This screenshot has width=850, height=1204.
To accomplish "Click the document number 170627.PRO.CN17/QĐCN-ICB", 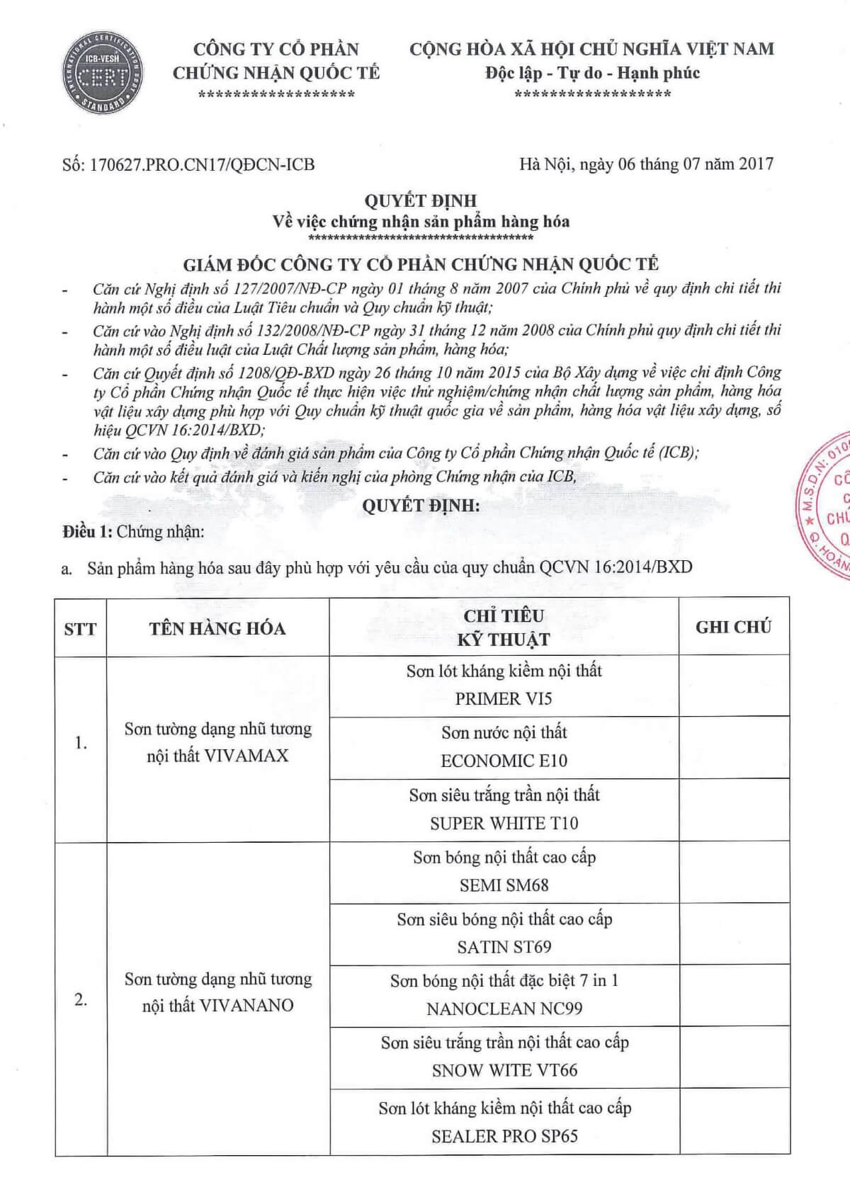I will tap(188, 165).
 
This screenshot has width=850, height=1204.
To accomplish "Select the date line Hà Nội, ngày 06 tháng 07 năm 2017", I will tap(646, 164).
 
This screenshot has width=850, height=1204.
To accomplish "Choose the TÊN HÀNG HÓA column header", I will tap(217, 628).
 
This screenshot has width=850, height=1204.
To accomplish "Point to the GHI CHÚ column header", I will tap(733, 627).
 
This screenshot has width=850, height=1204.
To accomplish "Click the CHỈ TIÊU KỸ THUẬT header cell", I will tap(504, 627).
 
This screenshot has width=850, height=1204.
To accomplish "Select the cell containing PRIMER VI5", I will tap(504, 686).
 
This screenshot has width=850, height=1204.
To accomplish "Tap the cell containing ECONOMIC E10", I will tap(504, 747).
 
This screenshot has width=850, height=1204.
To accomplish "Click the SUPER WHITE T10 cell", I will tap(504, 810).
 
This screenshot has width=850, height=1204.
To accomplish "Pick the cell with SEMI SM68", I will tap(504, 871).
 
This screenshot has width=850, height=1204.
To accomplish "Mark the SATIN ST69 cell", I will tap(504, 933).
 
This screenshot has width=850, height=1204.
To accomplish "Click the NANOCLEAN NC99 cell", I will tap(504, 995).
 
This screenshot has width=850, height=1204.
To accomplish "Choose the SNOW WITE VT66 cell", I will tap(504, 1057).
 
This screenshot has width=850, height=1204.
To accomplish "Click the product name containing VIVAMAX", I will tap(217, 742).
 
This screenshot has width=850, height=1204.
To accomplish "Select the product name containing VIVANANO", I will tap(217, 992).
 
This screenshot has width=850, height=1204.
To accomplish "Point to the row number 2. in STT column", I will tap(81, 1000).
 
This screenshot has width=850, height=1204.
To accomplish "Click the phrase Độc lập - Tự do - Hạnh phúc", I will tap(592, 73).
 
